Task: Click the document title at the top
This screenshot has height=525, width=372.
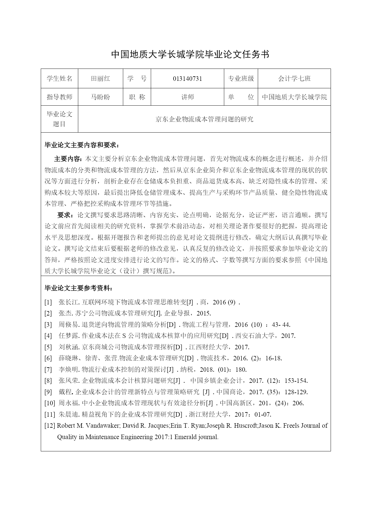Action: (x=190, y=54)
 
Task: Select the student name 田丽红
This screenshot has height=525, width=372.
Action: (x=100, y=79)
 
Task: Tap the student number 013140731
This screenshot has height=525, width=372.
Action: (x=187, y=79)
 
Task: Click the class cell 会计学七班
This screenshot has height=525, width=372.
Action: (x=294, y=79)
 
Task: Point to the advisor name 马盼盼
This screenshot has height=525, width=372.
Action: (x=100, y=97)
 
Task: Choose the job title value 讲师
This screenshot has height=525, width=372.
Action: (x=187, y=97)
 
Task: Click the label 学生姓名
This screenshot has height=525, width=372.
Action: (x=59, y=79)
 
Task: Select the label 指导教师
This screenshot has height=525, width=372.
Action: (x=59, y=97)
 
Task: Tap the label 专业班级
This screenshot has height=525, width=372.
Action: (x=241, y=79)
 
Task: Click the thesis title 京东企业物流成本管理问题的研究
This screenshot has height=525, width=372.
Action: (x=204, y=119)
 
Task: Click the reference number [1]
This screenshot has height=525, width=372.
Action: (x=48, y=302)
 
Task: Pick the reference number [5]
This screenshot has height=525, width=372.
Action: (x=48, y=347)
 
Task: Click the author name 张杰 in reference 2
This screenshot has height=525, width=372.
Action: (x=65, y=313)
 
